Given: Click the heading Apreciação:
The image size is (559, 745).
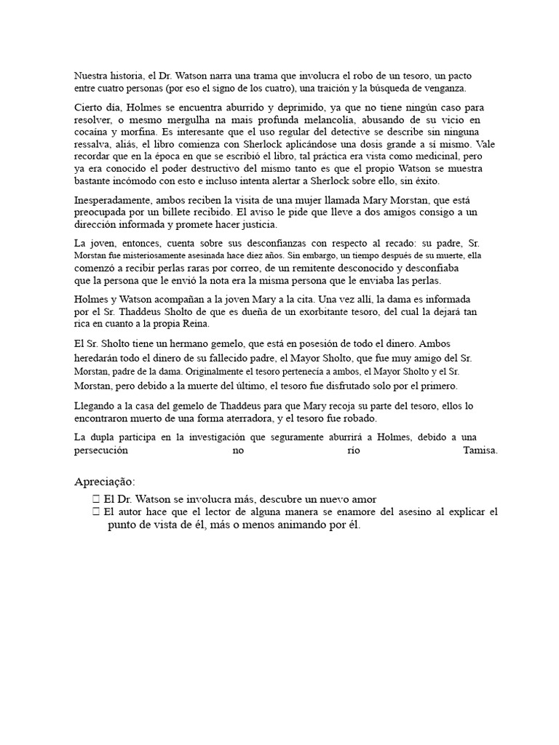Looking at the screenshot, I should click(x=105, y=482).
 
